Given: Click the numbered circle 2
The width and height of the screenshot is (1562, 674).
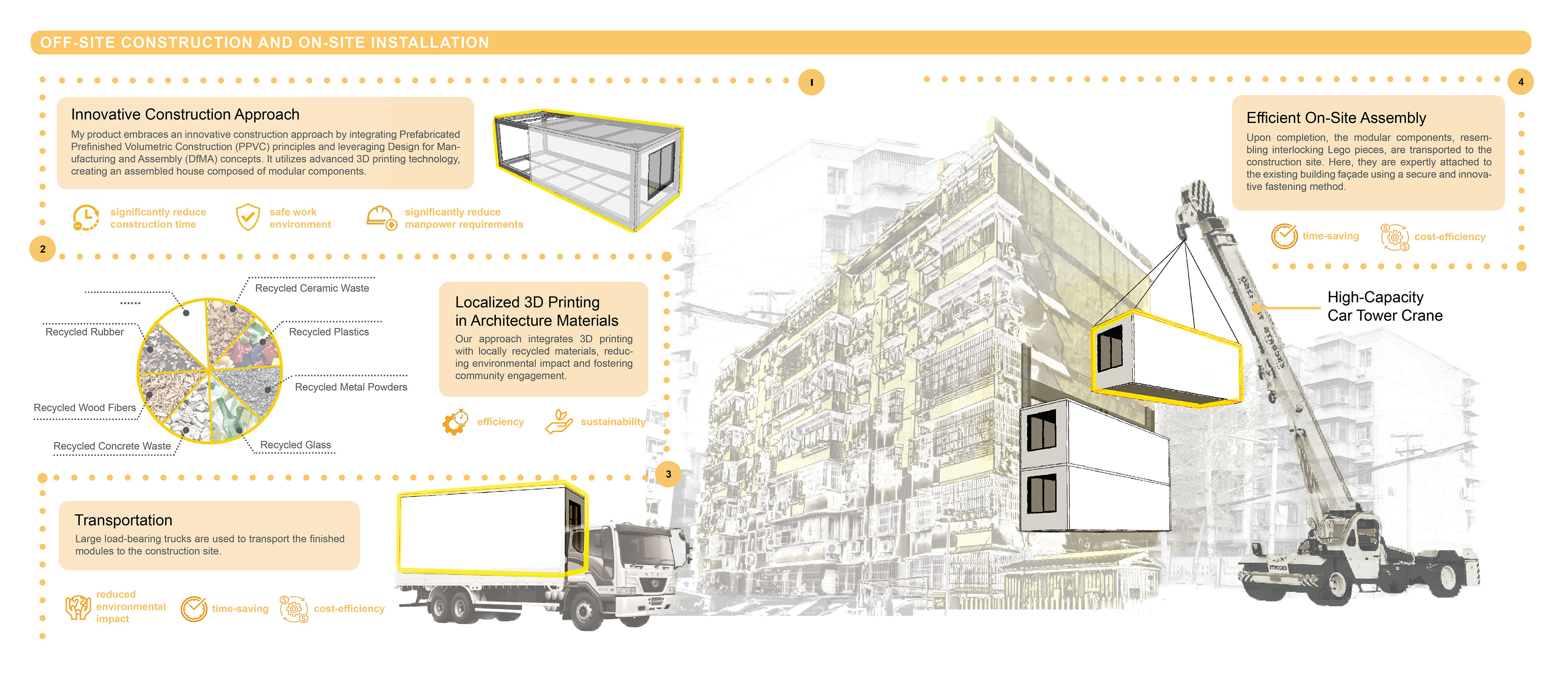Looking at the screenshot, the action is pos(42,249).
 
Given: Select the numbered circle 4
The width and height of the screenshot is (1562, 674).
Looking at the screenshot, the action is pos(1520,82).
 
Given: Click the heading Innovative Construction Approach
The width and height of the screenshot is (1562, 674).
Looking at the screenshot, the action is pos(185,115).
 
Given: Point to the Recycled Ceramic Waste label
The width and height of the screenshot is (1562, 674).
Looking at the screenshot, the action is pos(312,288).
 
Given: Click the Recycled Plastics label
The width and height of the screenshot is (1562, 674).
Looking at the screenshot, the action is pos(329,332).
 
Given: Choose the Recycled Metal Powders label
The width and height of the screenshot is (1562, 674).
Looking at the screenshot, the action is pos(351,387).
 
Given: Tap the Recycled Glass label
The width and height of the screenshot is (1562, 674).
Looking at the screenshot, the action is pos(295,445).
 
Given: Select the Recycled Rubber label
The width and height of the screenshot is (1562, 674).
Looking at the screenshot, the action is pos(84,332).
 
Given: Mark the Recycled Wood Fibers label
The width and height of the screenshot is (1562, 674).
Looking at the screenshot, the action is pos(85,408).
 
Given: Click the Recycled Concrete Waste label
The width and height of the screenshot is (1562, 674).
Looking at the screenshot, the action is pos(112,446).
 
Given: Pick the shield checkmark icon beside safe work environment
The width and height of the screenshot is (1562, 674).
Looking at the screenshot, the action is pos(247,217).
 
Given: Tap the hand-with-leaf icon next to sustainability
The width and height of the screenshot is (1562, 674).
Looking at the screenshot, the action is pos(559,421).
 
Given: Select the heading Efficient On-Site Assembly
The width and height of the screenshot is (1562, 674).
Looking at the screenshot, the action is pos(1336,118).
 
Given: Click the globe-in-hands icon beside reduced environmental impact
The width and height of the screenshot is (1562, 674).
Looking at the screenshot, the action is pos(78,607).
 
